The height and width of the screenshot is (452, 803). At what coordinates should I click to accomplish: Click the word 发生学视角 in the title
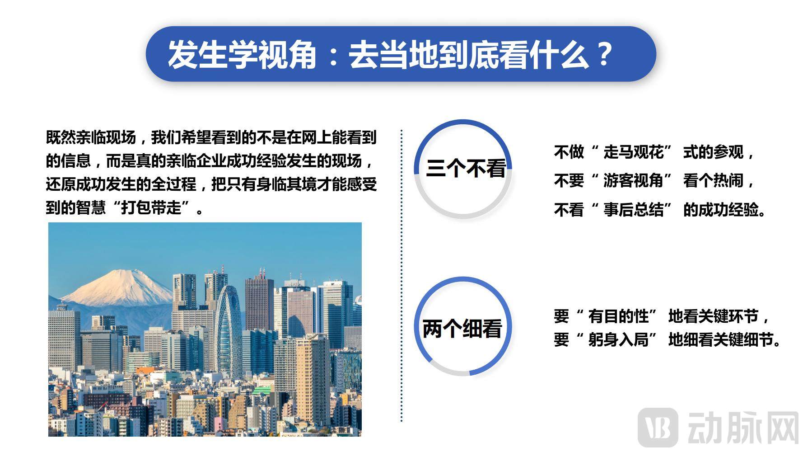[242, 55]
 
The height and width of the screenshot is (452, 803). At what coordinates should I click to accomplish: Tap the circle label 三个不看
[466, 169]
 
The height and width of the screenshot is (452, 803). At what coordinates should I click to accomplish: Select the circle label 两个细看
[462, 328]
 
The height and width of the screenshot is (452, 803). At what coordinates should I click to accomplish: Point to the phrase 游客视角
[633, 181]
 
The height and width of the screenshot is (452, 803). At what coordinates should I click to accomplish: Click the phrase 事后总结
[633, 210]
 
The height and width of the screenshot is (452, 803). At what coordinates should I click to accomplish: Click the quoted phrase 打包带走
[151, 208]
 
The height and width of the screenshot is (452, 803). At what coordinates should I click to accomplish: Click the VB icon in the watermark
[658, 427]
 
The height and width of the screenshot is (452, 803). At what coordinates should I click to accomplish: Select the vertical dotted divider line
[401, 276]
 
